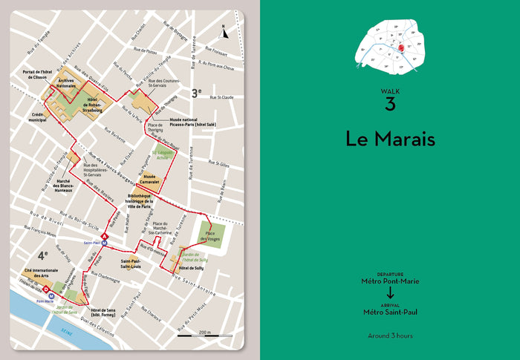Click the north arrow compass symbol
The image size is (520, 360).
224,31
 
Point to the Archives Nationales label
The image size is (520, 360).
66,84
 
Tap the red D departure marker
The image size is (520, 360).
46,289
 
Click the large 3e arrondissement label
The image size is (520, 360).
196,93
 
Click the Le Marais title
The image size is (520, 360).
389,138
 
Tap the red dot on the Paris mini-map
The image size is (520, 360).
399,48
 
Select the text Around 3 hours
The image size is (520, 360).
389,335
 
